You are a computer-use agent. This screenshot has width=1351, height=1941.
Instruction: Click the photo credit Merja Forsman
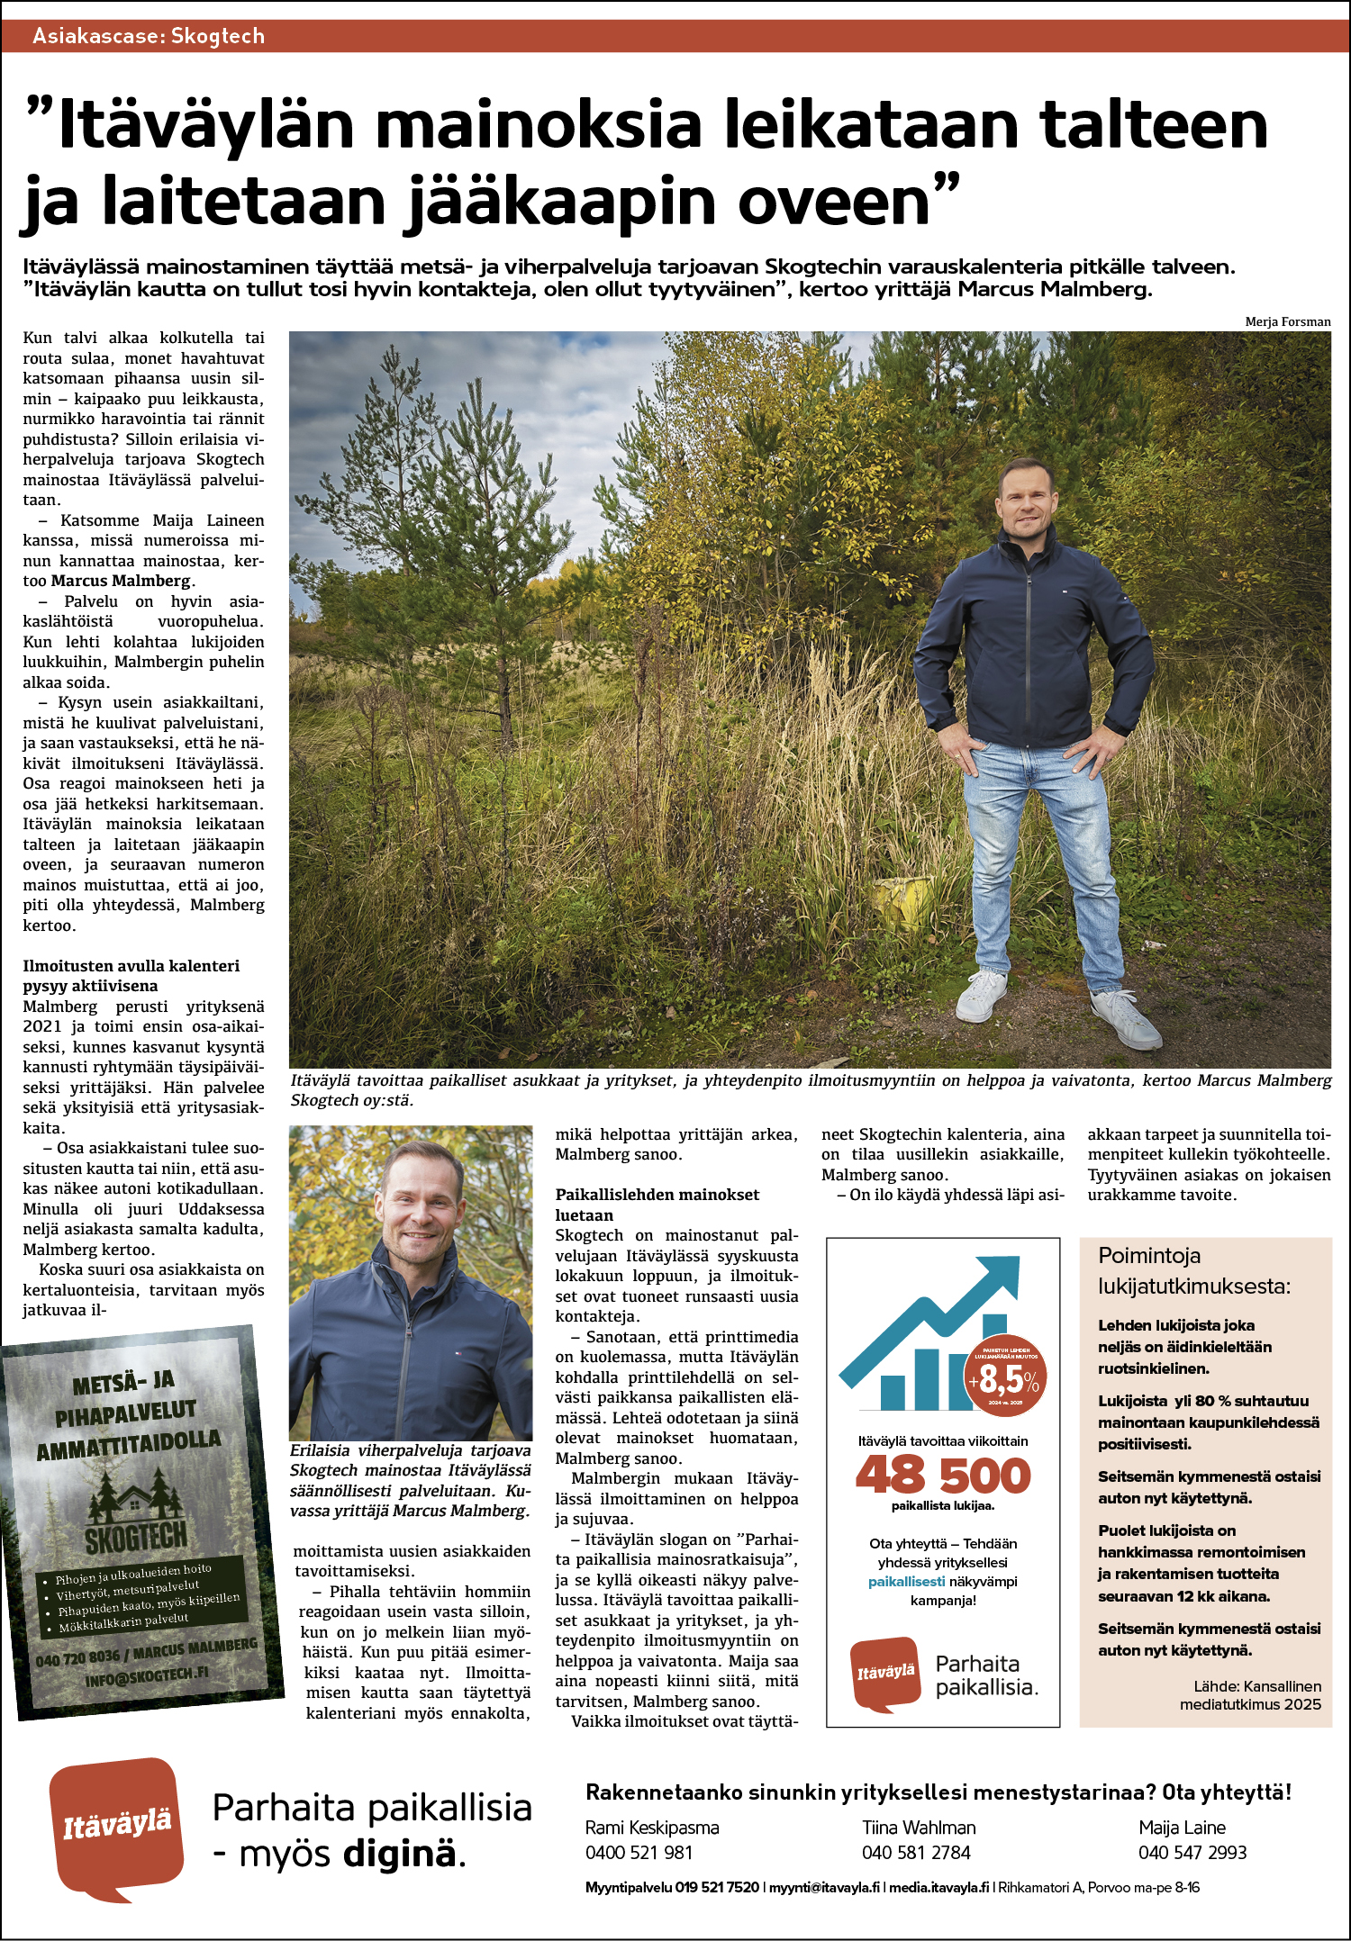point(1287,321)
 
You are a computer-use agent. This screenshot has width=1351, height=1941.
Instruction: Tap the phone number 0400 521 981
point(639,1852)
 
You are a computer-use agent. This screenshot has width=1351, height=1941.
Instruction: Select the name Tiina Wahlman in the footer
point(919,1827)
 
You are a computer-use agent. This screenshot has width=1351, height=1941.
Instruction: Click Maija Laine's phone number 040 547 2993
point(1192,1852)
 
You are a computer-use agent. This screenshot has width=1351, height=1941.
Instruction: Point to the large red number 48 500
point(942,1476)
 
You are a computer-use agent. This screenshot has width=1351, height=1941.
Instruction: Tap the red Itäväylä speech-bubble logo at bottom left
point(117,1828)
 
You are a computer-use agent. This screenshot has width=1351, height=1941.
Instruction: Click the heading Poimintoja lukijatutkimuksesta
point(1193,1270)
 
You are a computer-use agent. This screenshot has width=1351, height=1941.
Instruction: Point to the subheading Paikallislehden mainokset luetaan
point(657,1205)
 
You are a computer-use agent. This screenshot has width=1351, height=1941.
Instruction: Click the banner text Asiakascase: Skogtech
point(149,36)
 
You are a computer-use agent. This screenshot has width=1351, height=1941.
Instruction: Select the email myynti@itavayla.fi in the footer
point(824,1887)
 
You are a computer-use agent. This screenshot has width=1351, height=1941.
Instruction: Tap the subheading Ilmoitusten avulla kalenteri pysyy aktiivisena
point(131,976)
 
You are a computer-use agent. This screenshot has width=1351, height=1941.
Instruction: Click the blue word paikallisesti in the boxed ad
point(906,1581)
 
